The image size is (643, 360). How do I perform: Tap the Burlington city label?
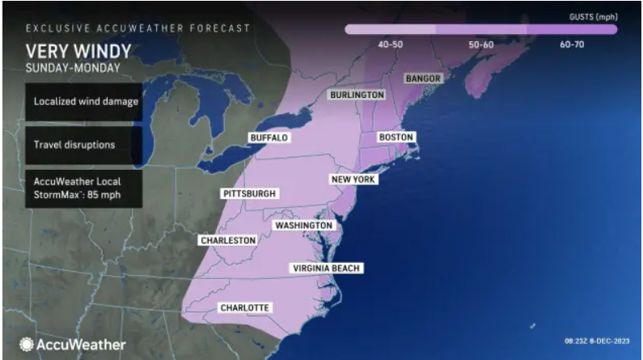tap(356, 95)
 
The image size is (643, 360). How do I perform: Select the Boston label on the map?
tap(396, 138)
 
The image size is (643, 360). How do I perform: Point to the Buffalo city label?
tap(269, 138)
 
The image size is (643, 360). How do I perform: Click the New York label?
tap(353, 179)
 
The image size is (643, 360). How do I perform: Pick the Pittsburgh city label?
tap(250, 194)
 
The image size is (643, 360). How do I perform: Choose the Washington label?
tap(303, 225)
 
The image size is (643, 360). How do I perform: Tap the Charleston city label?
tap(229, 240)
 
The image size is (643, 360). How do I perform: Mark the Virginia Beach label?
tap(326, 268)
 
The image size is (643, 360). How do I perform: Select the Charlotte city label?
tap(244, 307)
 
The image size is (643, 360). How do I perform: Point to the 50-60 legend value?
tap(480, 44)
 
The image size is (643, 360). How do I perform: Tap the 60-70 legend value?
tap(571, 44)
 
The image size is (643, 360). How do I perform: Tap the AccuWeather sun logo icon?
tap(27, 345)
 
